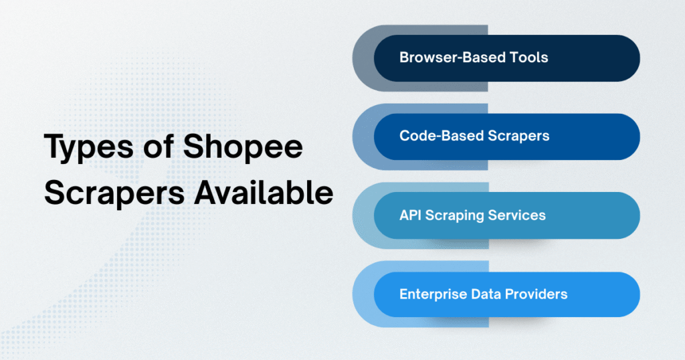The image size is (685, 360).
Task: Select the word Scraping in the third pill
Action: click(456, 215)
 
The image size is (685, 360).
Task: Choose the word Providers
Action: click(536, 294)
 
